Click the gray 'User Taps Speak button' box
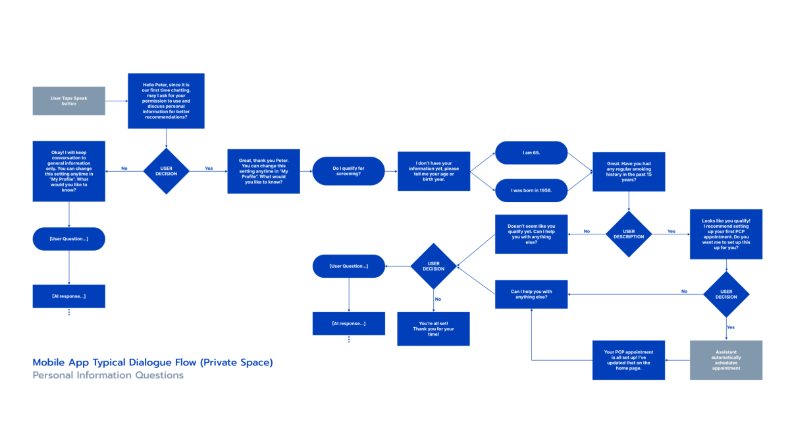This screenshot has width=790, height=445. pyautogui.click(x=68, y=101)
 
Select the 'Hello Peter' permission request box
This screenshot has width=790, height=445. pyautogui.click(x=166, y=101)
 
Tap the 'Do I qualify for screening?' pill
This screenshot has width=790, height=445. pyautogui.click(x=348, y=171)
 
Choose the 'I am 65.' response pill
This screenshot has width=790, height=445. pyautogui.click(x=531, y=153)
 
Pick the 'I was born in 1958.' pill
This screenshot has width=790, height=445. pyautogui.click(x=531, y=190)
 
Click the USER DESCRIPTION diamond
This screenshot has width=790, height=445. pyautogui.click(x=629, y=234)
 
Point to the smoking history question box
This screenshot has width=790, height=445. pyautogui.click(x=629, y=172)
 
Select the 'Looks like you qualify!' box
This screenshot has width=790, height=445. pyautogui.click(x=726, y=234)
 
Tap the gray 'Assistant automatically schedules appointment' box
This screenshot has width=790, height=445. pyautogui.click(x=726, y=360)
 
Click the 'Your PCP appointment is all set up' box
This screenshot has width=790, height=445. pyautogui.click(x=629, y=360)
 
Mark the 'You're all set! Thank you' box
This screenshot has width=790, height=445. pyautogui.click(x=433, y=328)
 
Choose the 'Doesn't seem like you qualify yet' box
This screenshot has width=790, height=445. pyautogui.click(x=531, y=234)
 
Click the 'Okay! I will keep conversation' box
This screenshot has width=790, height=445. pyautogui.click(x=68, y=171)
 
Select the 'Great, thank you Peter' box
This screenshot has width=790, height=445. pyautogui.click(x=264, y=171)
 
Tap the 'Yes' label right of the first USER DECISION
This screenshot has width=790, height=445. pyautogui.click(x=209, y=169)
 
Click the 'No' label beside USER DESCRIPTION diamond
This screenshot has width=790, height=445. pyautogui.click(x=587, y=231)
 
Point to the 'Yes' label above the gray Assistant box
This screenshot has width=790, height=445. pyautogui.click(x=731, y=327)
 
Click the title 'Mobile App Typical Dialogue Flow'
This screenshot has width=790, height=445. pyautogui.click(x=153, y=363)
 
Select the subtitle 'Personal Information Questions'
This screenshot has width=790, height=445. pyautogui.click(x=108, y=375)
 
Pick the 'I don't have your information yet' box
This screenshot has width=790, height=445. pyautogui.click(x=434, y=171)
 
